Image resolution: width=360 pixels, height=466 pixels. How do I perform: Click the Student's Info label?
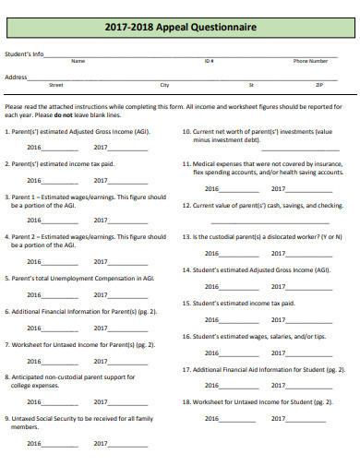coord(25,54)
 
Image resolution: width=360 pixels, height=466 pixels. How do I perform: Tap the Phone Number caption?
coord(310,61)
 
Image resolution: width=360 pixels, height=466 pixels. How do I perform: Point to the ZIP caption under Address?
coord(319,84)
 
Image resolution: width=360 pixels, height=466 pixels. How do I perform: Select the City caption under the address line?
coord(164,84)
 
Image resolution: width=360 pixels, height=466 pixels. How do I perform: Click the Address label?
coord(16,77)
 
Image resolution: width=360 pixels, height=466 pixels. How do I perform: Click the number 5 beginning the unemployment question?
coord(7,278)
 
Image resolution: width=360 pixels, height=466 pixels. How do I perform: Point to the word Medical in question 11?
coord(205,162)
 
